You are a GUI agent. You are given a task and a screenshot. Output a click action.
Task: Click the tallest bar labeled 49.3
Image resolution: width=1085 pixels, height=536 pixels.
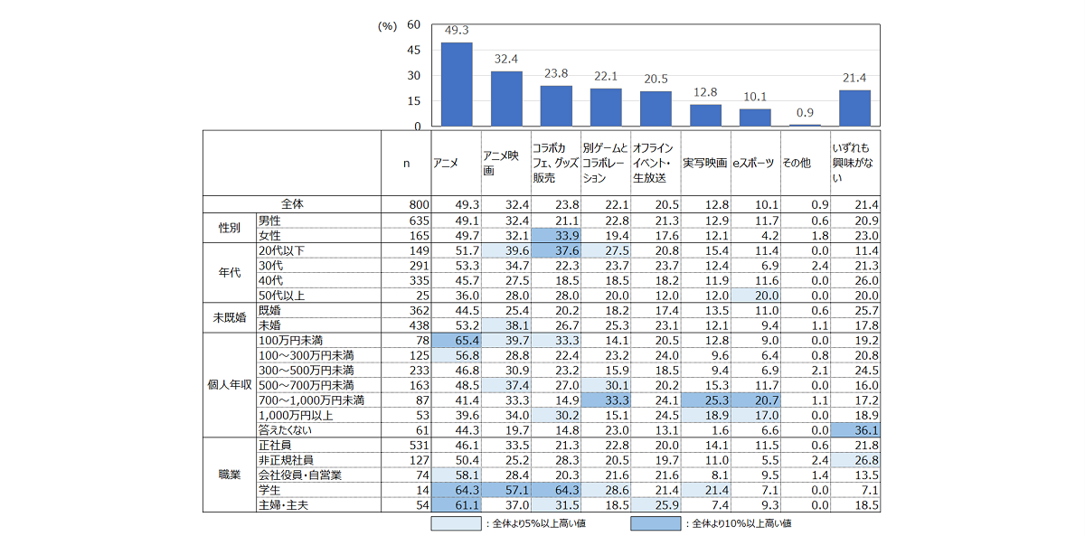456,84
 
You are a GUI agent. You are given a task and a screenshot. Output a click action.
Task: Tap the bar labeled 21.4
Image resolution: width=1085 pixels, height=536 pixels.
854,108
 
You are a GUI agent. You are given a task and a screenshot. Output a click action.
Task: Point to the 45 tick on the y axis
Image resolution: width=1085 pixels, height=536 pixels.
413,51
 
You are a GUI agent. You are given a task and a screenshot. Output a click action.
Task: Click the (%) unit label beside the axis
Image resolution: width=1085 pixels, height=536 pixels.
387,26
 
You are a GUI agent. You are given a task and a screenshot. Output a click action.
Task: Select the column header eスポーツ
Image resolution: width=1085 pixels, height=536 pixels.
753,163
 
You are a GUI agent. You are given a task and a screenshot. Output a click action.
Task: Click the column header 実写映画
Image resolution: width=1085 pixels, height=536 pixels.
704,163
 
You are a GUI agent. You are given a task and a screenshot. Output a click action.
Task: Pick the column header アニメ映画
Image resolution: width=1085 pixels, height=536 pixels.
502,163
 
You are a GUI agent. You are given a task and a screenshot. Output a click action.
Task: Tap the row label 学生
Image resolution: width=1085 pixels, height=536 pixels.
269,489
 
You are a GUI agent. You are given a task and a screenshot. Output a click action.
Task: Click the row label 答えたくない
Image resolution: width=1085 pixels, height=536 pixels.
285,428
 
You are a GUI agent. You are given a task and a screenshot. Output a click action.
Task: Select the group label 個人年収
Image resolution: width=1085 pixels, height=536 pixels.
230,383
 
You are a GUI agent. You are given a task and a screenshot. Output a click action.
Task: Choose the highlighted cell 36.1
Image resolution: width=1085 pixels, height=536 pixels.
854,429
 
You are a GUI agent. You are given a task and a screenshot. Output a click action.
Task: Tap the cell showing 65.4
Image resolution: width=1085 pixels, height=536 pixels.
456,340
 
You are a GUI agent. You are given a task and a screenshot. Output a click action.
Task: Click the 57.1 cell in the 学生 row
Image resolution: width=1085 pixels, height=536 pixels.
505,489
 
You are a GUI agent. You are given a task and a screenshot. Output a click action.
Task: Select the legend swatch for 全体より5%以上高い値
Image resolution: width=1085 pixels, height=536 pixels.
458,522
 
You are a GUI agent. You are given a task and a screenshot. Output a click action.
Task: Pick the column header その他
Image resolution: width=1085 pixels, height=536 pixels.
797,163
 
